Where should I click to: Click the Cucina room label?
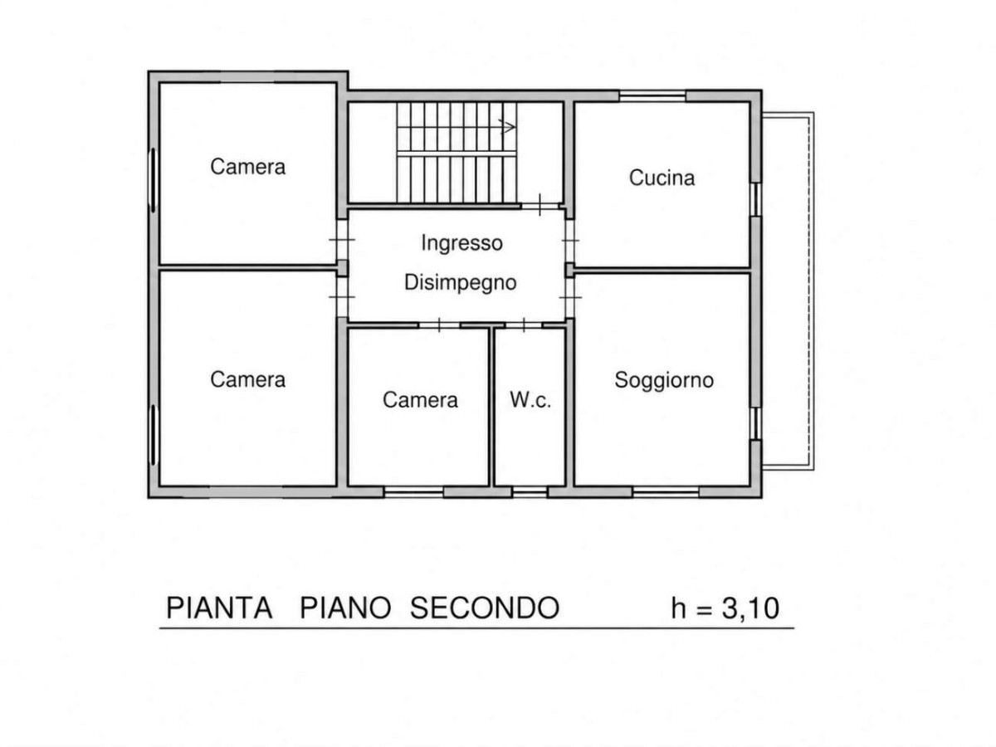[662, 178]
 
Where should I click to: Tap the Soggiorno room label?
[664, 380]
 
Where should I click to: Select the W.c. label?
[530, 399]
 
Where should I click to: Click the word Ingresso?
[461, 243]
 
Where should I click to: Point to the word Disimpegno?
[460, 282]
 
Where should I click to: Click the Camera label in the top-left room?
[247, 167]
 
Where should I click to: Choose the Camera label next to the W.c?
[420, 399]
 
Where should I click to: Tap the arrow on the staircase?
[507, 127]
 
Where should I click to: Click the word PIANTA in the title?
[219, 608]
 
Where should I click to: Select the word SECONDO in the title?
[485, 608]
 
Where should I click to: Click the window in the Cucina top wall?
[652, 95]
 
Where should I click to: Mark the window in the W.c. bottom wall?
[530, 492]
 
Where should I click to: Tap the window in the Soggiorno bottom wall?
[665, 492]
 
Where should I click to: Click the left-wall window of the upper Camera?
[153, 180]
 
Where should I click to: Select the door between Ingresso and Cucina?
[570, 241]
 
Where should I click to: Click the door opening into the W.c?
[524, 325]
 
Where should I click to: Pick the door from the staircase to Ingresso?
[539, 206]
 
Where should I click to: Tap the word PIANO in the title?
[344, 608]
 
